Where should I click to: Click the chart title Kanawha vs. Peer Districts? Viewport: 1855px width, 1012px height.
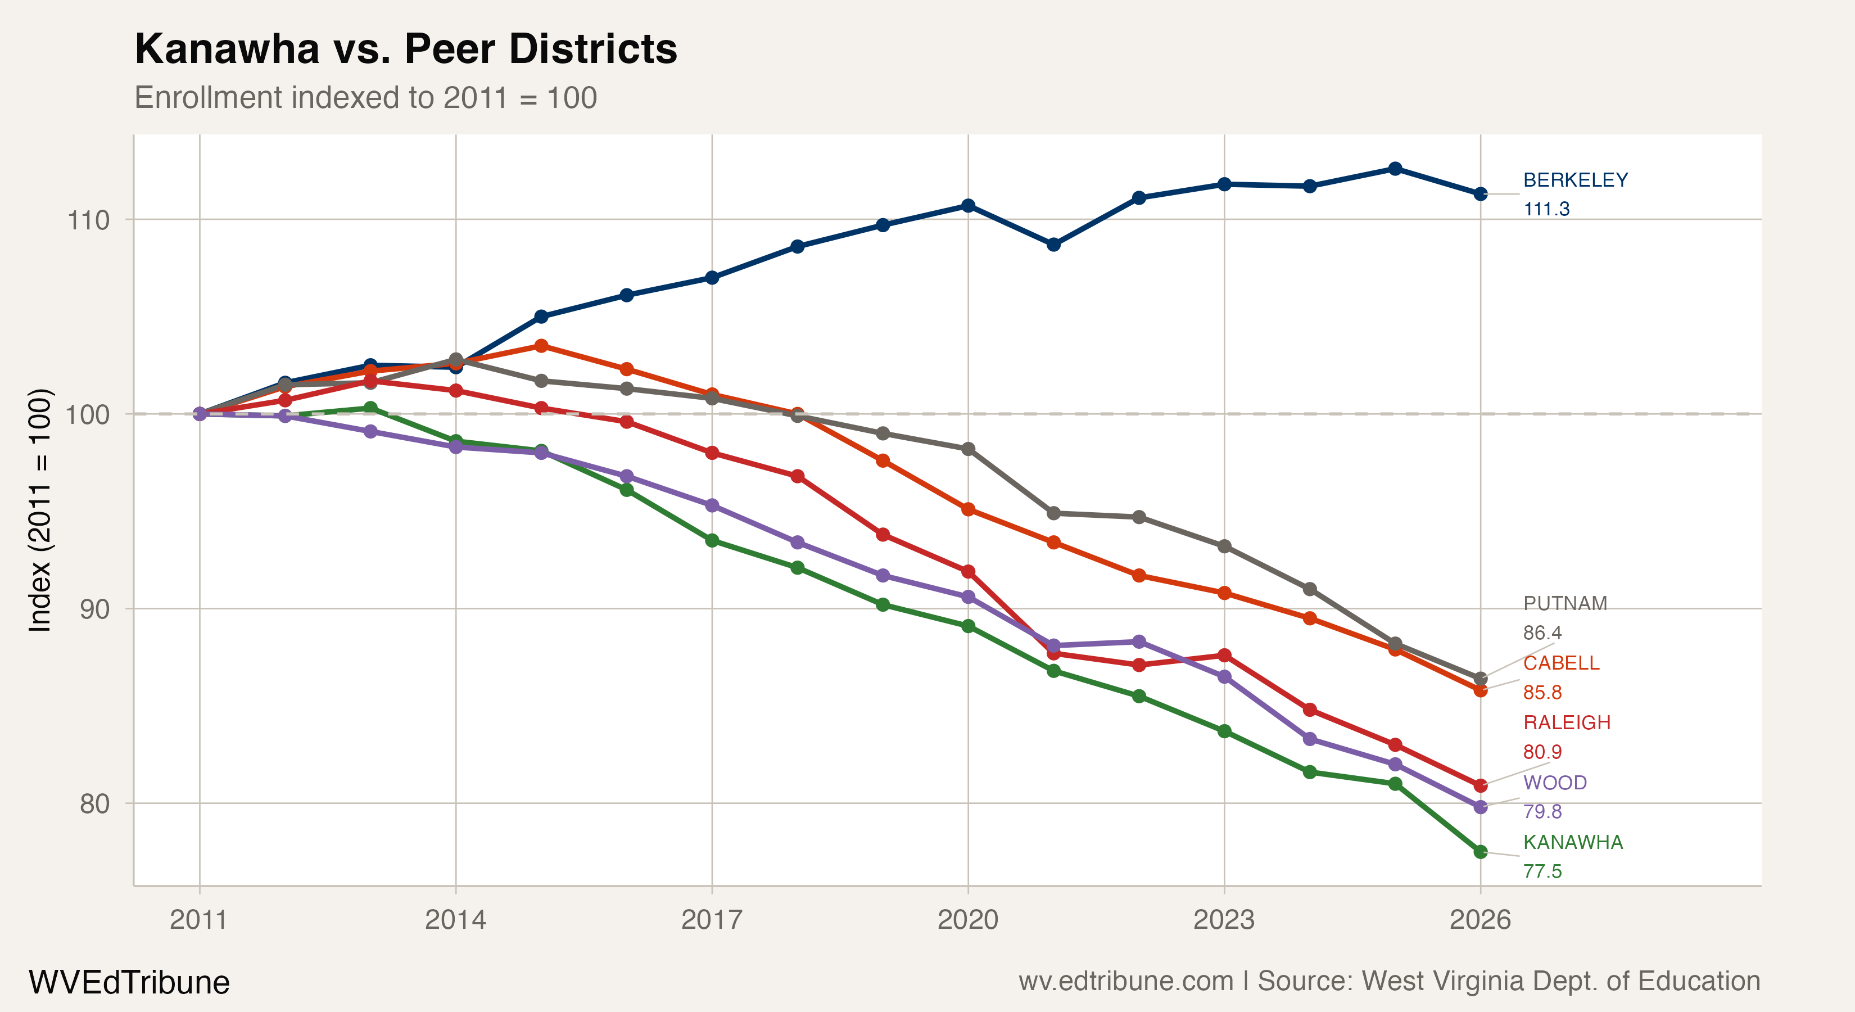click(x=405, y=49)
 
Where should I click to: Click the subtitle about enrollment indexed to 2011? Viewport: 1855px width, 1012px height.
click(x=365, y=98)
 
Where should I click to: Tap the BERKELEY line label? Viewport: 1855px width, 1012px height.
click(x=1575, y=180)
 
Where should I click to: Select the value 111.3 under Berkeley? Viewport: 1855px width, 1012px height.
click(x=1546, y=209)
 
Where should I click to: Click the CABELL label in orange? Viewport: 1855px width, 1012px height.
click(x=1560, y=663)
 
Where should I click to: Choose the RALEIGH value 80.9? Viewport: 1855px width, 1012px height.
click(x=1542, y=752)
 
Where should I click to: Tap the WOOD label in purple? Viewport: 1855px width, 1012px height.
click(x=1555, y=783)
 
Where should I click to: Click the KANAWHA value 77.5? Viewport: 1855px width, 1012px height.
click(x=1542, y=871)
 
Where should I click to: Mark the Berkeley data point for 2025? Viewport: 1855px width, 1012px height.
click(x=1395, y=169)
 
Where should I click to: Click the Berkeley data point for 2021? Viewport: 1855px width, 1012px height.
click(x=1053, y=245)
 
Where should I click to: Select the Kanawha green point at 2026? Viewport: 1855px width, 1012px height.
click(x=1481, y=852)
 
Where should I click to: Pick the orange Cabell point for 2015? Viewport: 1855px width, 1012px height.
click(x=541, y=346)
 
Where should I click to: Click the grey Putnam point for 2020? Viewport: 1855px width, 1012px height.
click(x=969, y=449)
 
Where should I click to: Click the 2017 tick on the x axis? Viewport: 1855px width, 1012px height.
click(x=712, y=920)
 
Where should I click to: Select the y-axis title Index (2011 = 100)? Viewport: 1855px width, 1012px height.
click(x=40, y=510)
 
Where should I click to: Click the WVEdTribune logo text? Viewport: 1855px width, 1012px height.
click(x=129, y=982)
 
